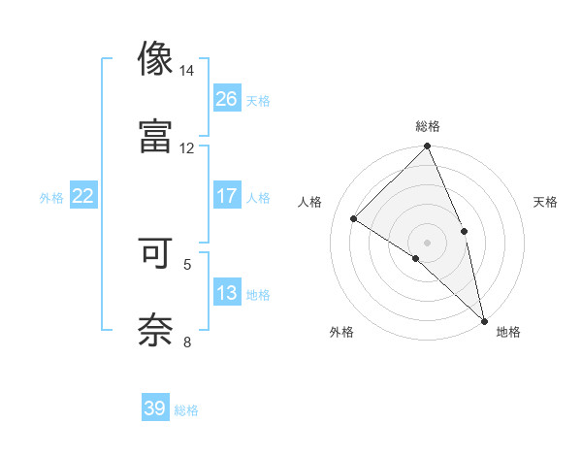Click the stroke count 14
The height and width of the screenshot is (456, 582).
[x=187, y=72]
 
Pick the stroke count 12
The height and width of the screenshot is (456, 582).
[x=187, y=147]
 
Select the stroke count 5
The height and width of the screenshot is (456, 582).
[x=187, y=263]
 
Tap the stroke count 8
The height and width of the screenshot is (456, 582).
[x=187, y=341]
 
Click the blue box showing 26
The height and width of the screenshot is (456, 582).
[x=227, y=98]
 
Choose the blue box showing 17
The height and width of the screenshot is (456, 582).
[x=227, y=196]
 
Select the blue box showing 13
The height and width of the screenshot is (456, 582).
[x=227, y=293]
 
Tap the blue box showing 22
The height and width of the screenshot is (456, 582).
[x=83, y=196]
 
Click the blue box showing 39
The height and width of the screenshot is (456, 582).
[x=155, y=408]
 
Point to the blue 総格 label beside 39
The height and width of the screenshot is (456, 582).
[x=186, y=410]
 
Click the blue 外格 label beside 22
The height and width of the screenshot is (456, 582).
[x=51, y=198]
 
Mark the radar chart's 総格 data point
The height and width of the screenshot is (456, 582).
[x=427, y=147]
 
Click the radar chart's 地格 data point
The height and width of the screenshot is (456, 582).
[x=483, y=319]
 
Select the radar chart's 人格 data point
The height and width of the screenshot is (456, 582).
[x=354, y=218]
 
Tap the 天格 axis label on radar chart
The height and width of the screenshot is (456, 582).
[x=545, y=202]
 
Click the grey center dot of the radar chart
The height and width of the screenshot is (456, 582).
[x=427, y=242]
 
